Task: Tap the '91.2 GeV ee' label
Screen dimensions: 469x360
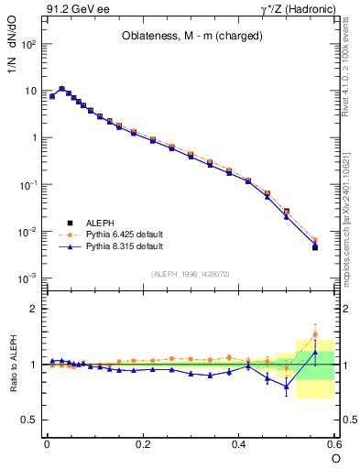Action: click(70, 10)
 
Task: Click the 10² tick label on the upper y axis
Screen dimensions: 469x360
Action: click(28, 44)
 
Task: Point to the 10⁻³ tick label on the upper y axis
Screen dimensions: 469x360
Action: click(28, 278)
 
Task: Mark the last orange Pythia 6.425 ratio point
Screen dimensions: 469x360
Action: click(315, 334)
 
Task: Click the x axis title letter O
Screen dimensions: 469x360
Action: click(335, 457)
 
